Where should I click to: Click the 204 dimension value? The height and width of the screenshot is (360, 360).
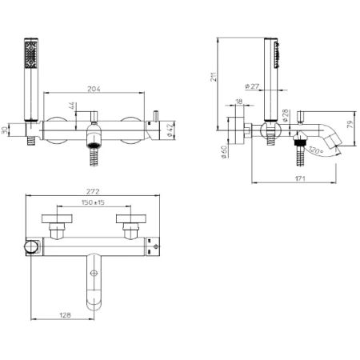[94, 89]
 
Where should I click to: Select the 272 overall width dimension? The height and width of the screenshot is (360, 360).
[93, 191]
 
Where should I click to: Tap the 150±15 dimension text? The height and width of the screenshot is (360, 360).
[93, 202]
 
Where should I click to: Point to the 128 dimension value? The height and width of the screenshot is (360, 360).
[65, 315]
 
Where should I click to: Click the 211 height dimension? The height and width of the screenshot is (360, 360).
[214, 77]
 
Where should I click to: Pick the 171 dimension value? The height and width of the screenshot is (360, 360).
[300, 178]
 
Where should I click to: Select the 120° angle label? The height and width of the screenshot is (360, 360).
[316, 150]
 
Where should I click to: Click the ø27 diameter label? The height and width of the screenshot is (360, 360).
[252, 86]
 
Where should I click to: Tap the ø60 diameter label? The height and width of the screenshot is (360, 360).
[224, 151]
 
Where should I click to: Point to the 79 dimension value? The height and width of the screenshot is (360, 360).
[350, 125]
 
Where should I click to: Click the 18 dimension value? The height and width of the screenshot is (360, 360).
[239, 102]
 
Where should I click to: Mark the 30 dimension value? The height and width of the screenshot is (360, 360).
[4, 130]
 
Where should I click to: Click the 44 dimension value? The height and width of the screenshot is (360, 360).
[72, 106]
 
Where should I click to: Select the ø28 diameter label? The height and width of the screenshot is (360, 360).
[285, 115]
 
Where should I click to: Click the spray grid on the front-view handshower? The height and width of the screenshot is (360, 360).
[31, 54]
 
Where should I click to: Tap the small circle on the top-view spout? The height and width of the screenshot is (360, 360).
[94, 273]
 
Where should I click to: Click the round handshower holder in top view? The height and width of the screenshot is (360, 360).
[31, 246]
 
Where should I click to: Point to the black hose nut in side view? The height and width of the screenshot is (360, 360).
[300, 142]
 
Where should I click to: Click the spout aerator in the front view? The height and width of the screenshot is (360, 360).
[94, 146]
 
